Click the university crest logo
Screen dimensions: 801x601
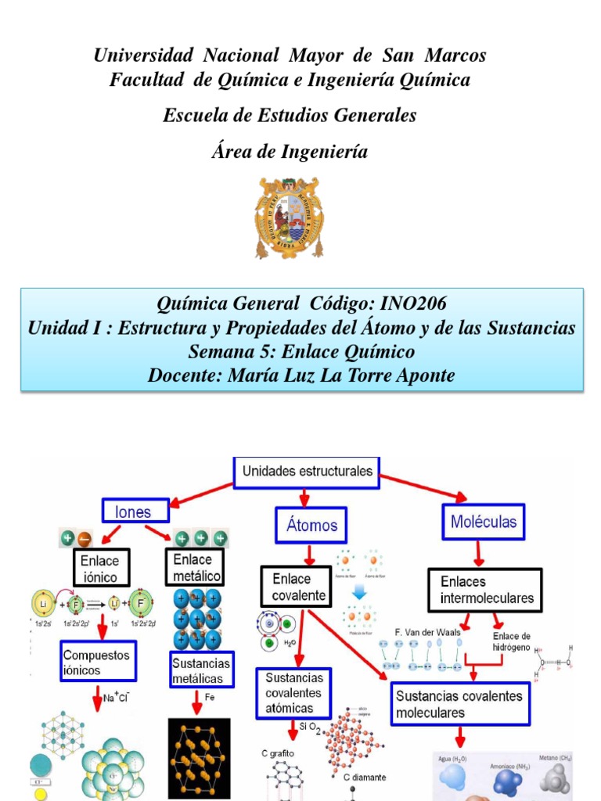pos(289,217)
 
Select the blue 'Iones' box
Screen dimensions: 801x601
pos(137,512)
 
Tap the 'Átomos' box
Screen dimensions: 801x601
pos(311,525)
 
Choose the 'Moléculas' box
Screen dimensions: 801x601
pos(483,521)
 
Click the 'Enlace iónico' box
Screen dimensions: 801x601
pos(99,569)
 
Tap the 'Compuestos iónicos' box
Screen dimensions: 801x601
pos(98,661)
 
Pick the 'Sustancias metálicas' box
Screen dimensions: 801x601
pos(201,671)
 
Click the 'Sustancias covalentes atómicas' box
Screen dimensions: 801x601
pos(293,692)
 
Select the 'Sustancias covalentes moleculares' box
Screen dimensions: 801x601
pos(459,703)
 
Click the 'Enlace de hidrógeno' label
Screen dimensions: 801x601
pos(511,641)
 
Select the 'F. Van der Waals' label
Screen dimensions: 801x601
pos(427,631)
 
